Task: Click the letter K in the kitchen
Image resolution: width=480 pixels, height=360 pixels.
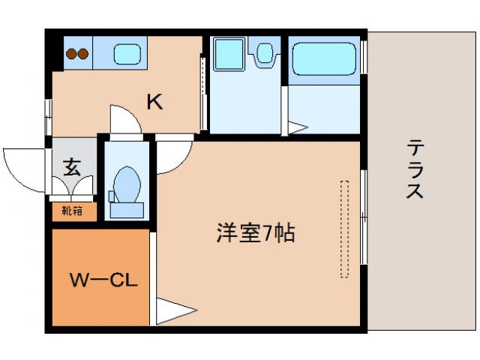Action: click(x=154, y=102)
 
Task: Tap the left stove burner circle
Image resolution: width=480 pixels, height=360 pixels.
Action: click(x=71, y=53)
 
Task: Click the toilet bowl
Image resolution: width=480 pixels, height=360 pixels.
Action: click(x=128, y=181)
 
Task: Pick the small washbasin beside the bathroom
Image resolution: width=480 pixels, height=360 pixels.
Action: click(x=264, y=52)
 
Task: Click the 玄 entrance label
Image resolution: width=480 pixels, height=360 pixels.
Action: click(x=73, y=166)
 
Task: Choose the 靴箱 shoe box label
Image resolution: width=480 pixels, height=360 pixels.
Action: click(x=73, y=211)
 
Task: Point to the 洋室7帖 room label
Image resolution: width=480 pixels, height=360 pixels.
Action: click(x=255, y=233)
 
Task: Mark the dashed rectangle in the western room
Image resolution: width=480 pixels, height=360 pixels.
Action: click(x=344, y=228)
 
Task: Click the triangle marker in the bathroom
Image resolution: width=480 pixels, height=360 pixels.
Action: click(x=298, y=127)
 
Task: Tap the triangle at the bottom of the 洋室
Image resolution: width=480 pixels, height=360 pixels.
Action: click(x=172, y=311)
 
